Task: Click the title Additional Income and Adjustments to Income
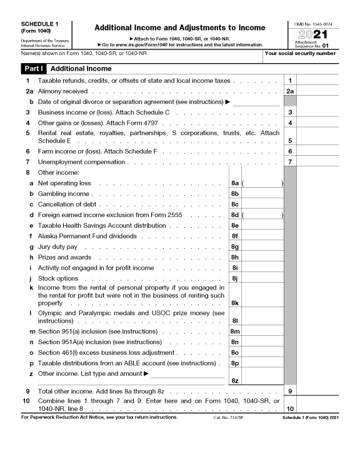[179, 28]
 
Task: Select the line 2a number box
[290, 91]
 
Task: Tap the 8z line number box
[235, 380]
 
